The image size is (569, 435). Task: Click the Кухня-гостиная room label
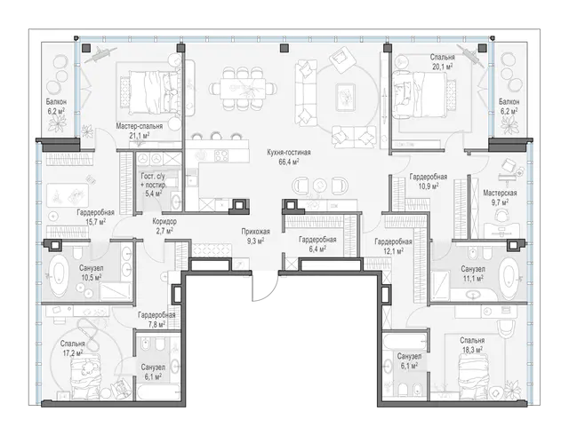289,153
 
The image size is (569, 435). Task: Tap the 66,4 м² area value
289,162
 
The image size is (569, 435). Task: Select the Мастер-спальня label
140,126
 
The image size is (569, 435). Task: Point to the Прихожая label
256,232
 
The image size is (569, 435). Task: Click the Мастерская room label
500,193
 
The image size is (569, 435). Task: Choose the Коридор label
164,221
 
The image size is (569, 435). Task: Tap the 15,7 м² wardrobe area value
95,221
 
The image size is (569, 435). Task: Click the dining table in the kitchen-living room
243,88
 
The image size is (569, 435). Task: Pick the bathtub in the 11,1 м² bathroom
509,277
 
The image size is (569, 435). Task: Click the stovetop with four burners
221,156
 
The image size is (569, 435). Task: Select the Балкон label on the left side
56,102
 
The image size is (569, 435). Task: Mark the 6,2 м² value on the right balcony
509,111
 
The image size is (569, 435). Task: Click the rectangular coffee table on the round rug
344,97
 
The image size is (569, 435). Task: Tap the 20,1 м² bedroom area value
443,66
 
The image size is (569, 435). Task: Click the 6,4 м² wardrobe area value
317,249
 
